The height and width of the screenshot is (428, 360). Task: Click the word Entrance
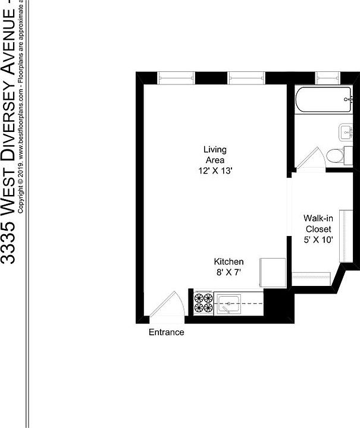click(x=166, y=332)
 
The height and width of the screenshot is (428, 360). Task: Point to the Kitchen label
click(x=229, y=262)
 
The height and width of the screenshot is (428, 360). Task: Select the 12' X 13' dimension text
click(x=215, y=171)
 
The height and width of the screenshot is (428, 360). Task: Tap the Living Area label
click(x=215, y=155)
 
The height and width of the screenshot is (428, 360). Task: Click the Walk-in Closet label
click(x=318, y=224)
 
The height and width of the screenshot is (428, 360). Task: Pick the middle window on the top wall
click(x=246, y=77)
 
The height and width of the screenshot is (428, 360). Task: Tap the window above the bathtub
click(x=327, y=77)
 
